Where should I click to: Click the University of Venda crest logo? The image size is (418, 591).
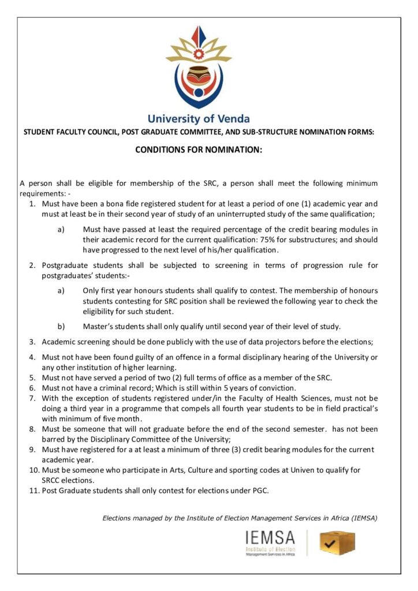[x=199, y=66]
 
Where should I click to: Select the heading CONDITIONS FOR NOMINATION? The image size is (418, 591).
[x=199, y=149]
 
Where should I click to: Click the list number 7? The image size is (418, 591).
[x=33, y=398]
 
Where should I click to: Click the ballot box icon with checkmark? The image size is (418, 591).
[x=337, y=543]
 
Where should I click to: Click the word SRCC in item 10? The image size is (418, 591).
[x=53, y=480]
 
